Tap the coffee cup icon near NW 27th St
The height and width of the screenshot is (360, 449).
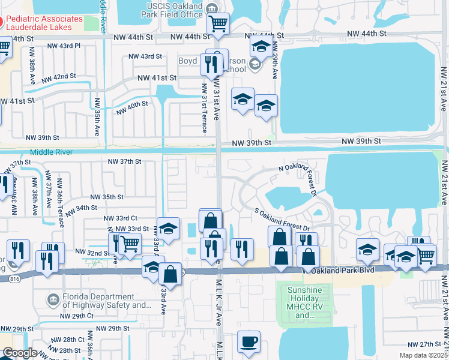click(249, 342)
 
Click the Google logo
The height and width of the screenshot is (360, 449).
click(20, 353)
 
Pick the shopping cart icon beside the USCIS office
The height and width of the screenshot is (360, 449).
click(218, 24)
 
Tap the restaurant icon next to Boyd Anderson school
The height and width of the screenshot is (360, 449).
click(210, 64)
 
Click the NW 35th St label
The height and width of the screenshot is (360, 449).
click(106, 197)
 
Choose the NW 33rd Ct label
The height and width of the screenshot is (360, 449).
click(121, 218)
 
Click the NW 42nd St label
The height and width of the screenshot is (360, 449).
click(58, 77)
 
